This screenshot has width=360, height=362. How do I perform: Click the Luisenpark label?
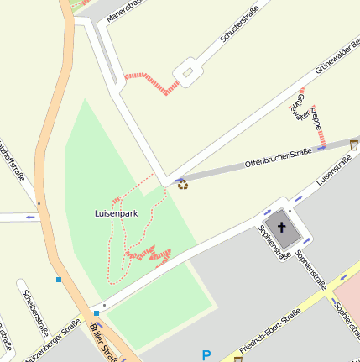click(x=116, y=214)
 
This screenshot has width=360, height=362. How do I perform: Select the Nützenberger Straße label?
click(x=51, y=341)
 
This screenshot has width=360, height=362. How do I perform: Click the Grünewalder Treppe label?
click(x=307, y=113)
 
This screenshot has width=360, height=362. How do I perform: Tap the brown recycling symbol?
click(x=182, y=183)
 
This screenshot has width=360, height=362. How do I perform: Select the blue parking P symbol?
click(x=206, y=354)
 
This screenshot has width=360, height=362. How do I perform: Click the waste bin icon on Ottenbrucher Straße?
click(x=354, y=144)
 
